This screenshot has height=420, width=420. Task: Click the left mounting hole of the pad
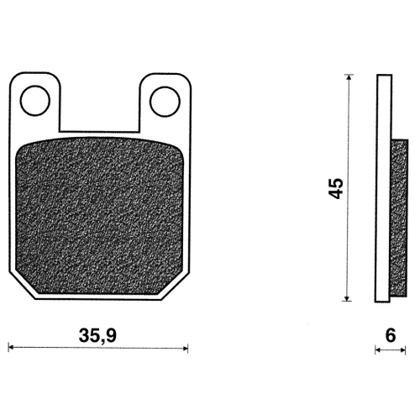click(x=35, y=101)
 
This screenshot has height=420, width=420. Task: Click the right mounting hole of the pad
click(x=165, y=102)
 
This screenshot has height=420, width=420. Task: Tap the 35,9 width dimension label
click(x=97, y=336)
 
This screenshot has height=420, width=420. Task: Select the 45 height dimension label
click(x=336, y=188)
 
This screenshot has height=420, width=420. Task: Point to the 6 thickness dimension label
click(x=391, y=335)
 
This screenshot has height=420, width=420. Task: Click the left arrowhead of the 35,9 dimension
click(x=11, y=348)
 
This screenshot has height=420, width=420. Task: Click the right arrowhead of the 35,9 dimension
click(x=186, y=349)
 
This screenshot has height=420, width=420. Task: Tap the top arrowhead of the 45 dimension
click(x=349, y=77)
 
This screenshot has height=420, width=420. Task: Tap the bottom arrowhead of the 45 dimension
click(x=347, y=298)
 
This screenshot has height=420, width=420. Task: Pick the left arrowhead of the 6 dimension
click(x=377, y=350)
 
